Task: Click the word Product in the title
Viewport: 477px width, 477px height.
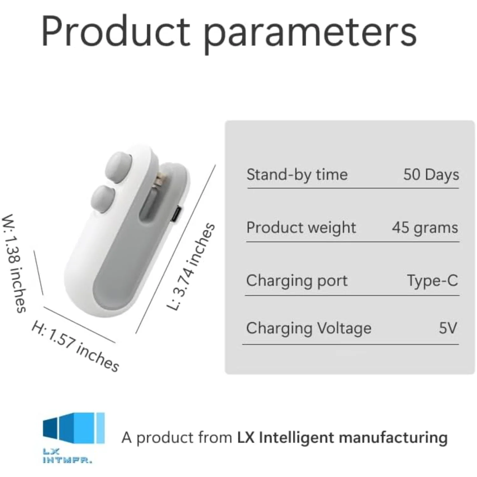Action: pos(116,32)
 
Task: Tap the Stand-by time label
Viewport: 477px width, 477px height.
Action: pos(297,175)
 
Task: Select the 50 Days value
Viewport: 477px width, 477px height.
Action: pos(431,175)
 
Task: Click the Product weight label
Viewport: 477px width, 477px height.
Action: pos(301,228)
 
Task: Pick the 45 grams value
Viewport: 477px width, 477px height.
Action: pos(425,228)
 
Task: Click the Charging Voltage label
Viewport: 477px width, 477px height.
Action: pos(309,328)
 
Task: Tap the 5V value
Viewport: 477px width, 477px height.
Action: pos(448,328)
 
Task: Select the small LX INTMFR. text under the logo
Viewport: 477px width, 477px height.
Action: pos(67,456)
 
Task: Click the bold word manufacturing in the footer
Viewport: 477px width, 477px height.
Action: pos(393,438)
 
